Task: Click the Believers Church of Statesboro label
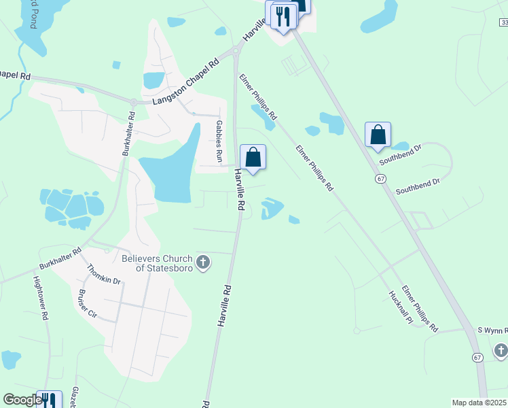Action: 157,262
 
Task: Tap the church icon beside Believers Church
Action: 202,262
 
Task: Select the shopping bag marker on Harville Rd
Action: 253,158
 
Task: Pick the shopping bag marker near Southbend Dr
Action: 378,135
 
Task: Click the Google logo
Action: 22,400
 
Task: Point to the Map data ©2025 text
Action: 479,403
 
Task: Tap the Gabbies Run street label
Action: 219,141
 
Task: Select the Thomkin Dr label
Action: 104,275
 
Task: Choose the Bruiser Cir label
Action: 88,304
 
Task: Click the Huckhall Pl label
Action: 396,307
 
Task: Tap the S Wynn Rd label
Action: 492,330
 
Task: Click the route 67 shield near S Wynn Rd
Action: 478,357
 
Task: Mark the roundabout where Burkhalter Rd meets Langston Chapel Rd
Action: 134,102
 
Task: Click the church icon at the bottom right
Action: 501,350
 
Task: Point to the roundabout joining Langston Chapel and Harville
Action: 236,50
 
